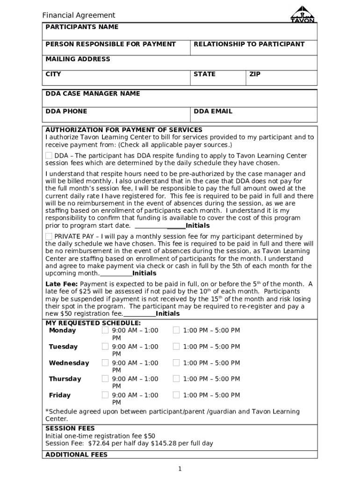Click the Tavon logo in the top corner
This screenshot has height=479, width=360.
(302, 15)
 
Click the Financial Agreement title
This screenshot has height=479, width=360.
(79, 15)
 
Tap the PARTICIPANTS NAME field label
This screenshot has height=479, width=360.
(82, 27)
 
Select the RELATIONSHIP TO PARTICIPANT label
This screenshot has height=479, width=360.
(249, 44)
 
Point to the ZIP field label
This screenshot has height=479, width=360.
(255, 74)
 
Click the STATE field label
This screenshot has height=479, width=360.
(204, 74)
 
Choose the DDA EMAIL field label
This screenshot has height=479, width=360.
(213, 111)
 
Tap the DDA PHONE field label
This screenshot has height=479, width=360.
(66, 111)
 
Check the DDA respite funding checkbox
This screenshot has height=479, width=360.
(49, 155)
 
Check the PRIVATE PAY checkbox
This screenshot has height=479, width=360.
(49, 236)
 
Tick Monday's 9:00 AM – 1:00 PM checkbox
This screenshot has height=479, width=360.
(105, 330)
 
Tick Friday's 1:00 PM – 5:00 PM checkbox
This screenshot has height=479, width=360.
(176, 395)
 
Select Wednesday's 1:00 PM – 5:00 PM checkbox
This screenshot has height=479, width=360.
(176, 363)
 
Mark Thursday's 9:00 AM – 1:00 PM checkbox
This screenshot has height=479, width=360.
(105, 379)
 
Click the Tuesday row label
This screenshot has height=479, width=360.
(63, 347)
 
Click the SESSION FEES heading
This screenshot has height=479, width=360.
(70, 428)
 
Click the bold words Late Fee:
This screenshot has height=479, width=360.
(62, 284)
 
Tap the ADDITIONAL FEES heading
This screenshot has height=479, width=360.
(76, 455)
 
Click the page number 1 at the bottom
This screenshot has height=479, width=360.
(180, 469)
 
